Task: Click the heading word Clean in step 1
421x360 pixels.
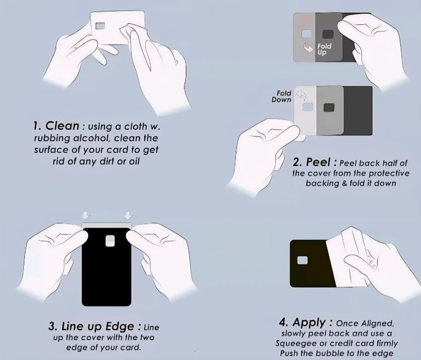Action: coord(63,126)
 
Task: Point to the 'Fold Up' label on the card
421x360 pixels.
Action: coord(324,49)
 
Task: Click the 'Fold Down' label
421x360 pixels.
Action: coord(282,96)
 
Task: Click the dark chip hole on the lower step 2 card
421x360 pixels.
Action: coord(330,108)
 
